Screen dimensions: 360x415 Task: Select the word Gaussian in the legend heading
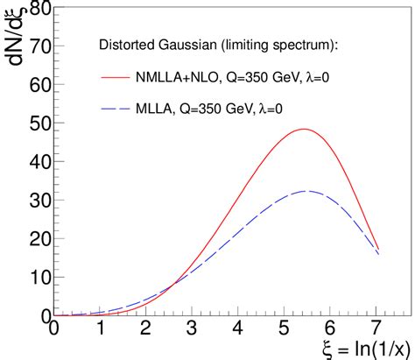179,44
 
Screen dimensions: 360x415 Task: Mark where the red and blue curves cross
172,282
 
